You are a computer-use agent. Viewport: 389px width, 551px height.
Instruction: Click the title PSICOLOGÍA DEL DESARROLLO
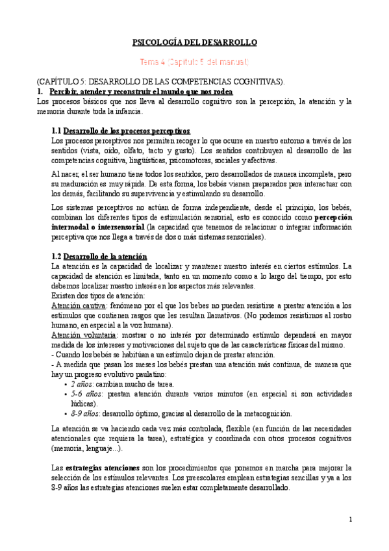(x=195, y=42)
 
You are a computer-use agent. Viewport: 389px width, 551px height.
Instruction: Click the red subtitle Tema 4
(x=195, y=62)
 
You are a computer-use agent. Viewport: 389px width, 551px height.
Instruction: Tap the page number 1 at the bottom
(x=350, y=519)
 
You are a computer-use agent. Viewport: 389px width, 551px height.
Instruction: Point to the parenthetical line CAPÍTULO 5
(x=161, y=82)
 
